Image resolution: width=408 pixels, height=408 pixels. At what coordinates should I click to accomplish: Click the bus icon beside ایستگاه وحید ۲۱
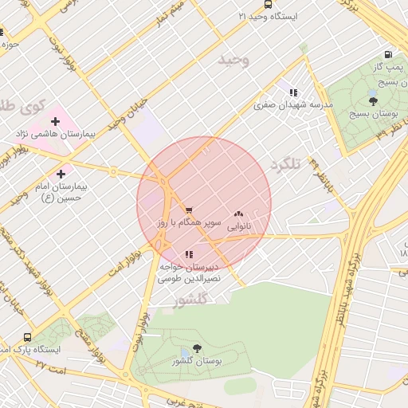(x=242, y=16)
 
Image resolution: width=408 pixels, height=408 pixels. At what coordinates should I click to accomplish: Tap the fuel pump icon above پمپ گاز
(x=388, y=55)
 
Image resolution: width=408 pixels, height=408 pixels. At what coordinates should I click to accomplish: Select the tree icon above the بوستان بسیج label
(x=373, y=100)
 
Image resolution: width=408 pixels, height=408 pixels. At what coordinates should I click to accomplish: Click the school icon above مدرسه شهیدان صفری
(x=293, y=92)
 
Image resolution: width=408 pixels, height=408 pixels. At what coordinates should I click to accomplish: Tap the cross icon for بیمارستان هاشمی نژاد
(x=55, y=120)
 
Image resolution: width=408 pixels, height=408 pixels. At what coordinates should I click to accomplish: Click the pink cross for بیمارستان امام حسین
(x=61, y=173)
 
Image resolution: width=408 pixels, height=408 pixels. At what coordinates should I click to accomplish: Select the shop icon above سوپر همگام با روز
(x=188, y=210)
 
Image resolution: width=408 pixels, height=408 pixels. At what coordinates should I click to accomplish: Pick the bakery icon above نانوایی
(x=238, y=214)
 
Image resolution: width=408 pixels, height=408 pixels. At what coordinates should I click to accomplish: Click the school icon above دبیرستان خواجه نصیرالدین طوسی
(x=188, y=254)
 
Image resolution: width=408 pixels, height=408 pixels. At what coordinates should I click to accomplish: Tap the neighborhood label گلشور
(x=190, y=299)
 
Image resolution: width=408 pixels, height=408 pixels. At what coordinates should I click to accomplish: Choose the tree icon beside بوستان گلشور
(x=197, y=348)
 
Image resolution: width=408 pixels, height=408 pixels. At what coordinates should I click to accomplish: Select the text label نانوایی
(x=239, y=227)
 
